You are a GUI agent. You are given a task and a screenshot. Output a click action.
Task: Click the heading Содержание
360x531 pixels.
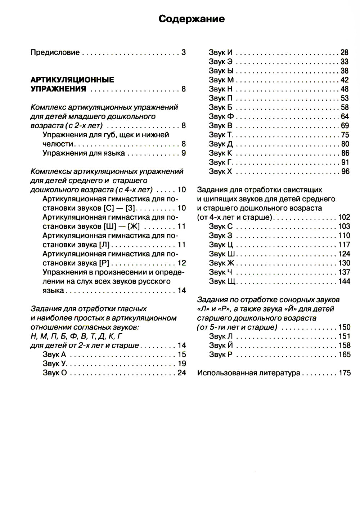point(192,19)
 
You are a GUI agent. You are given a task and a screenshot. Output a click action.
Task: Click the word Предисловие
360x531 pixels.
point(55,52)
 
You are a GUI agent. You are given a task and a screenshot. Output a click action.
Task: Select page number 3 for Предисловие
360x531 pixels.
point(183,52)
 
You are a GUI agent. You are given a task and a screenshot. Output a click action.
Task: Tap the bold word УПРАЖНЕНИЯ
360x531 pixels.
point(58,89)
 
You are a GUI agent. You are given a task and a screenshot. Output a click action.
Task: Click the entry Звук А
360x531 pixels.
point(54,354)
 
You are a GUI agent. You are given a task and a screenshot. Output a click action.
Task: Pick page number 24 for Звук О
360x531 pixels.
point(181,373)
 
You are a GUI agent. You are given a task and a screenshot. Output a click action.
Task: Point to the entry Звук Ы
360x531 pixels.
point(221,71)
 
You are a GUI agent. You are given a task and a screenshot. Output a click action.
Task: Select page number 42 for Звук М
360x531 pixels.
point(345,80)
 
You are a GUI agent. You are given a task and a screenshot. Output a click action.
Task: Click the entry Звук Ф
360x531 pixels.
point(221,116)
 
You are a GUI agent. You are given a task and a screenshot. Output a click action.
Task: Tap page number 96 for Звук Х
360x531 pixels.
point(345,171)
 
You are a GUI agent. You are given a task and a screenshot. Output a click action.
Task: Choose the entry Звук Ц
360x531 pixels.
point(221,245)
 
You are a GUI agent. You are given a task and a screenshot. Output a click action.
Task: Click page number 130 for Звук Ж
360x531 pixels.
point(344,263)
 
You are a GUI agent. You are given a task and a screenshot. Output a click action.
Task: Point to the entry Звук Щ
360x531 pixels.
point(222,281)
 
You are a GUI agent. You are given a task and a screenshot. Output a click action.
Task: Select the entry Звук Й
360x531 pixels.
point(221,345)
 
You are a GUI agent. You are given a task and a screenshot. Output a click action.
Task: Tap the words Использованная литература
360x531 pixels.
point(248,373)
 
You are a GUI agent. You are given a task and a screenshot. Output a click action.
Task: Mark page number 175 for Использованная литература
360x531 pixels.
point(344,373)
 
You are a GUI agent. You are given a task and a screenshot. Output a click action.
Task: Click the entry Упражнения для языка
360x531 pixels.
point(84,153)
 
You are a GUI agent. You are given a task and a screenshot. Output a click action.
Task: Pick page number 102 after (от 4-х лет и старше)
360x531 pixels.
point(344,217)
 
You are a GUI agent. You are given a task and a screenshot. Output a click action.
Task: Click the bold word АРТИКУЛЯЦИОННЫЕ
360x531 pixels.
point(72,80)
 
